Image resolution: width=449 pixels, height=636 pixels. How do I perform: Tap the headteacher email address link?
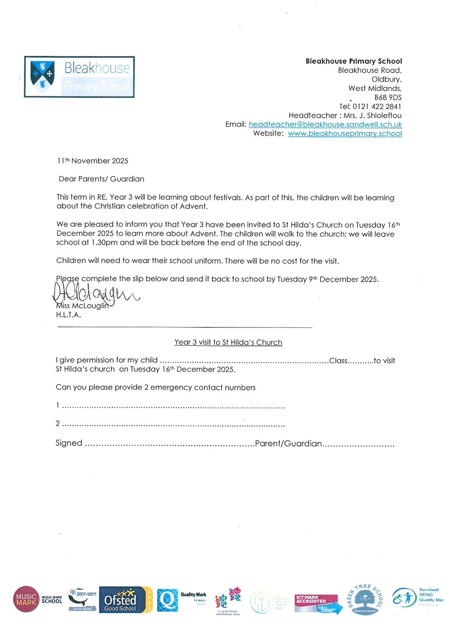pos(325,124)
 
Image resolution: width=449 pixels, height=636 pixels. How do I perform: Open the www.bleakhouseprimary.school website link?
pos(345,134)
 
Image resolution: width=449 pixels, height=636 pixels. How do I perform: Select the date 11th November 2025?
pos(92,161)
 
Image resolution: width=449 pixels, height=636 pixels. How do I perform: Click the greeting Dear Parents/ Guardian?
pos(101,179)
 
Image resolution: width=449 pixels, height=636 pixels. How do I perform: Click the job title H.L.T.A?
pos(68,315)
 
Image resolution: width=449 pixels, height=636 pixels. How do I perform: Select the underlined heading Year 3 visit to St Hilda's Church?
pos(228,342)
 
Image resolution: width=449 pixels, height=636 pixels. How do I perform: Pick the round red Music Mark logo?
pos(26,599)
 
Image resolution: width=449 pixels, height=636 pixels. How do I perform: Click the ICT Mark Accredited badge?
pos(316,603)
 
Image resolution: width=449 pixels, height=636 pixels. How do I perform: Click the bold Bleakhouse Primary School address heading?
pos(353,62)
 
